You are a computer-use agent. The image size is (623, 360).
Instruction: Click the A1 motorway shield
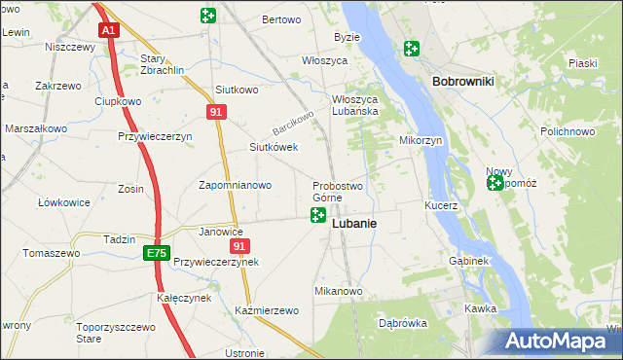108,30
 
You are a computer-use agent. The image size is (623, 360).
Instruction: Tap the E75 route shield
156,253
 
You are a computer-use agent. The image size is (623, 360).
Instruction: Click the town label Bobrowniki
462,83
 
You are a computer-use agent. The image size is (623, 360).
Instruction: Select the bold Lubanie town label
354,223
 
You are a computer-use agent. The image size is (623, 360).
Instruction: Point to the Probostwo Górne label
337,192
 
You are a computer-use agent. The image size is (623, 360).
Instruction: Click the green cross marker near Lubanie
317,215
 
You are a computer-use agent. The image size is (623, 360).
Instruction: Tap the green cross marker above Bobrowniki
412,48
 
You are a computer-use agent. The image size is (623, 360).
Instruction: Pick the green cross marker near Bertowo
207,16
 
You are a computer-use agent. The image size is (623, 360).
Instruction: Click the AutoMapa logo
562,341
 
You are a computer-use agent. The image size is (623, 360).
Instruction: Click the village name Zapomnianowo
235,184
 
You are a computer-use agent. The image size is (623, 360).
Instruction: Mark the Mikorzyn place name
421,140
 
